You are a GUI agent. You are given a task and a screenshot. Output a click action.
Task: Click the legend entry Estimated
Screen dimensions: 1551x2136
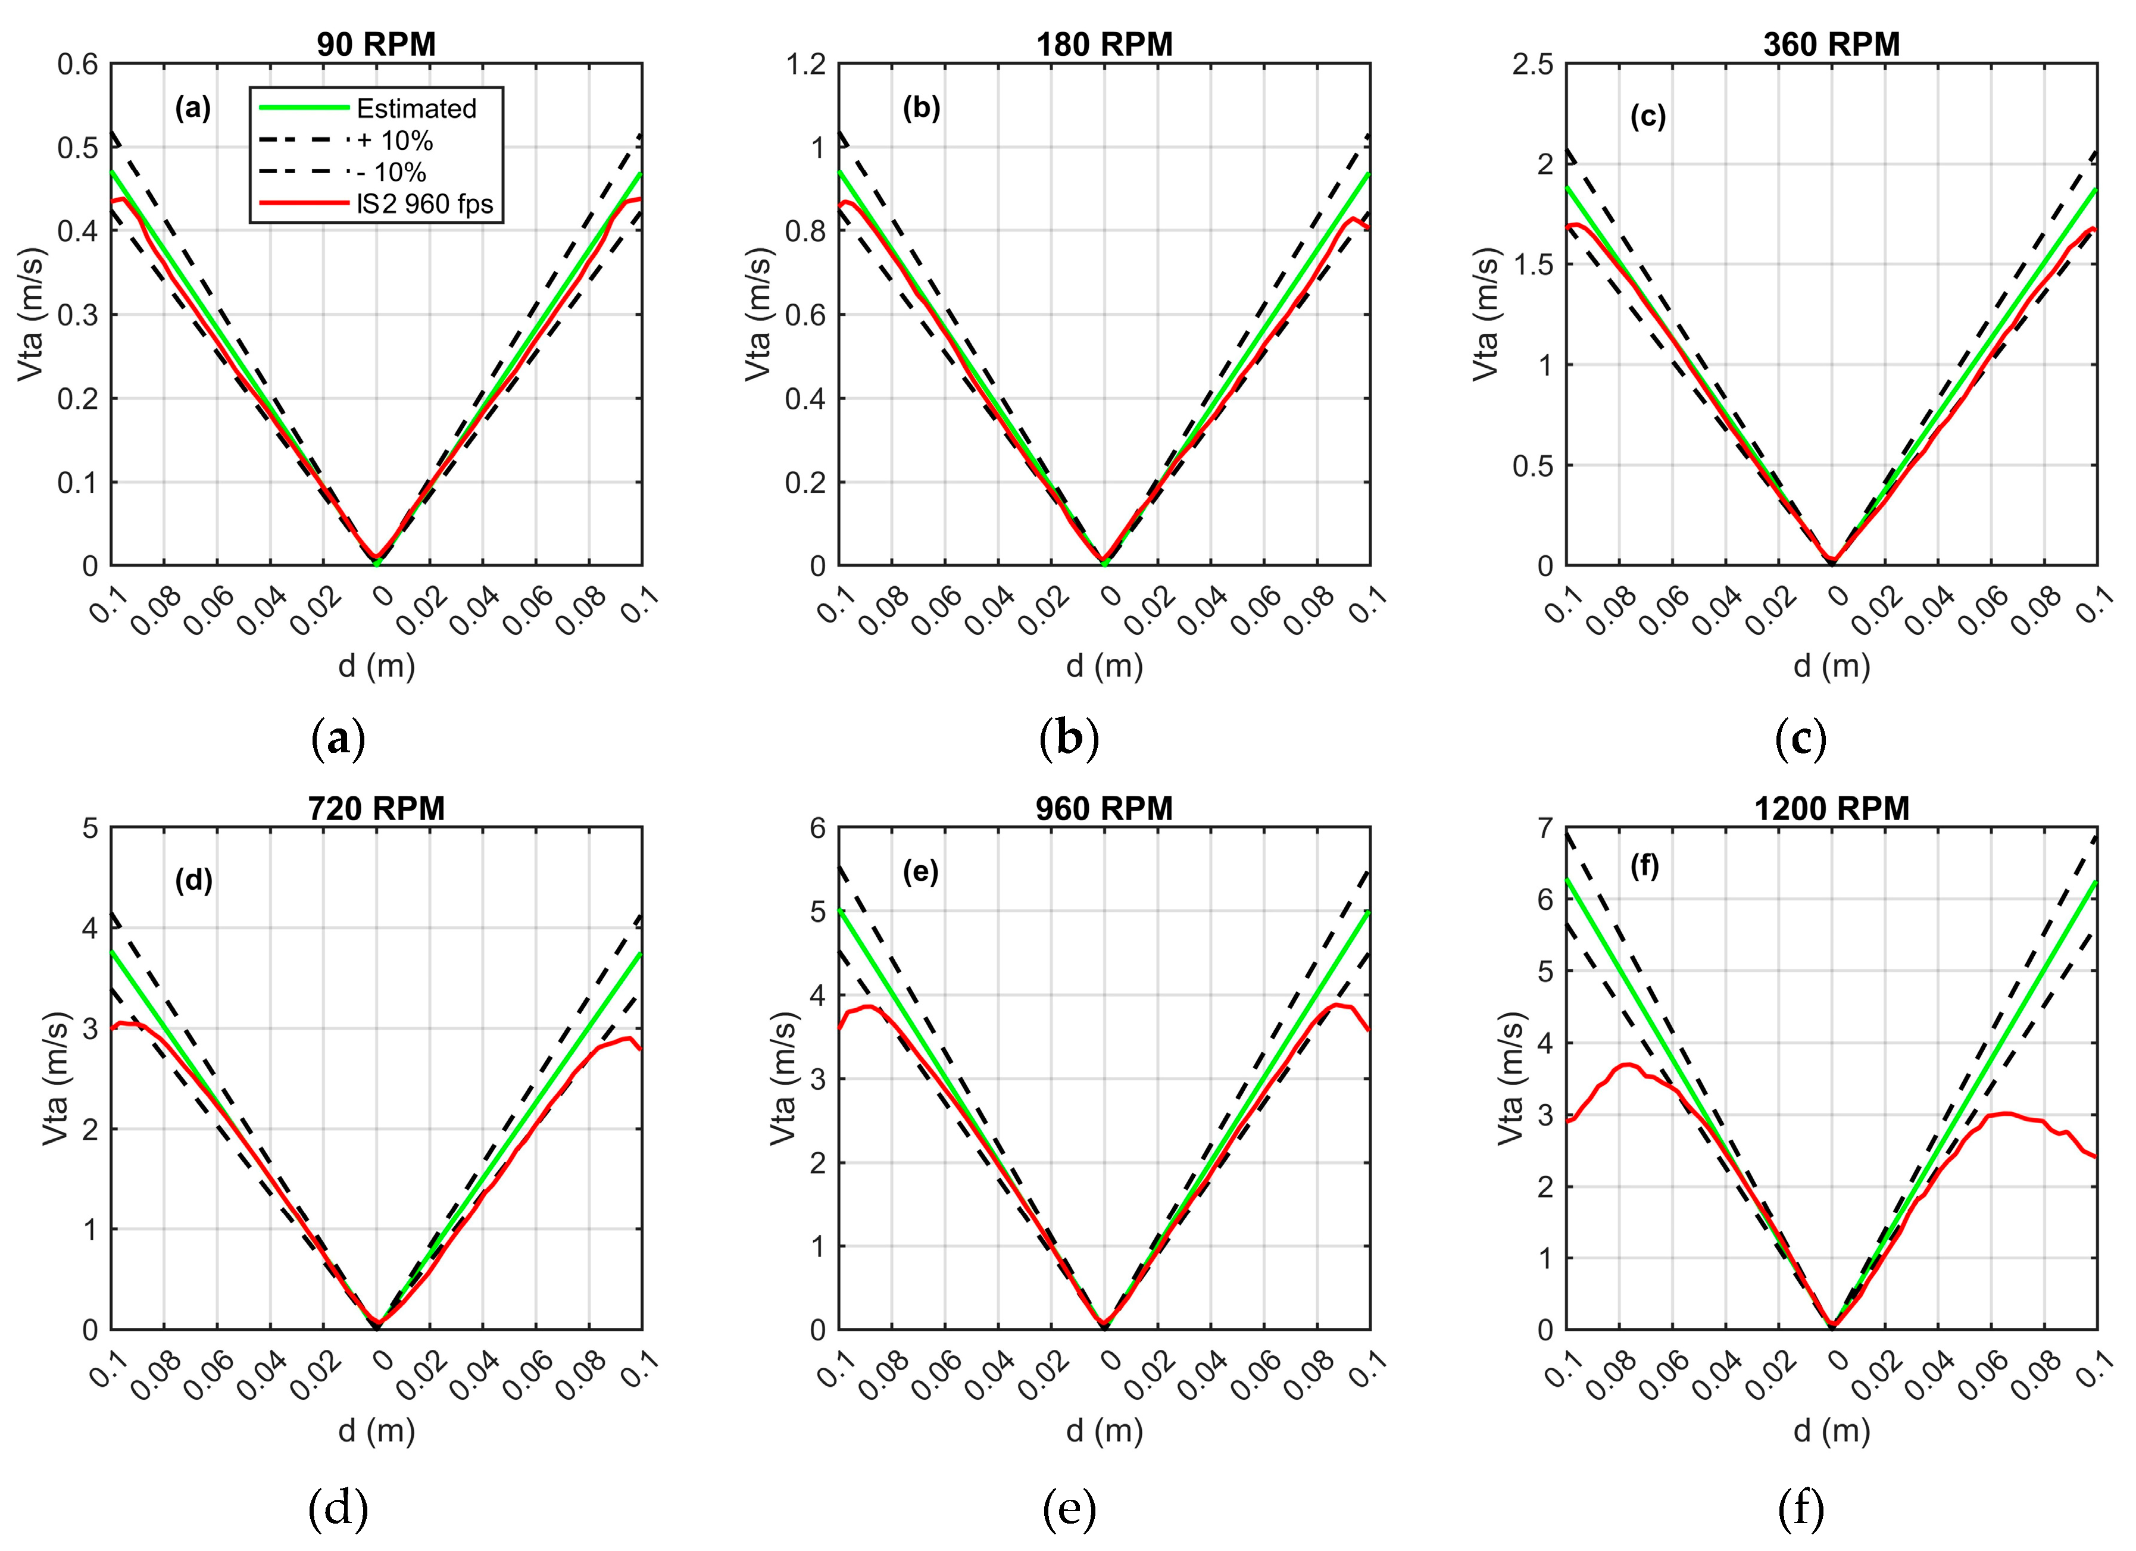416,108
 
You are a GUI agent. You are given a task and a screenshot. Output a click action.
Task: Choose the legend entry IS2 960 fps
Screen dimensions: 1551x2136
424,204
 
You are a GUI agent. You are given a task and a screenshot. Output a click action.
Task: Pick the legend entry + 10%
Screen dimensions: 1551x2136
395,140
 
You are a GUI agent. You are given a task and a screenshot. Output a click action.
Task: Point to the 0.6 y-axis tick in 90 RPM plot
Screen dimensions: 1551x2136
77,64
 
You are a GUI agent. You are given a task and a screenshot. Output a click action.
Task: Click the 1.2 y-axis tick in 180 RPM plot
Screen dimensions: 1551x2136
805,64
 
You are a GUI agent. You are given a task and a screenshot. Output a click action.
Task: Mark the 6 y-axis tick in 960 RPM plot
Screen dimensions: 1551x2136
817,828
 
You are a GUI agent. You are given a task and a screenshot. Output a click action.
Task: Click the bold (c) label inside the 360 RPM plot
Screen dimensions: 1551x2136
1647,116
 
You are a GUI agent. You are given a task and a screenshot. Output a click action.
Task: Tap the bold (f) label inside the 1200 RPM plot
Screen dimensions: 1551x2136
1644,865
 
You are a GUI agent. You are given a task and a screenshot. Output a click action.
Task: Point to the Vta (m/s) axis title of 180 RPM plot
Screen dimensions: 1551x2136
758,314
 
